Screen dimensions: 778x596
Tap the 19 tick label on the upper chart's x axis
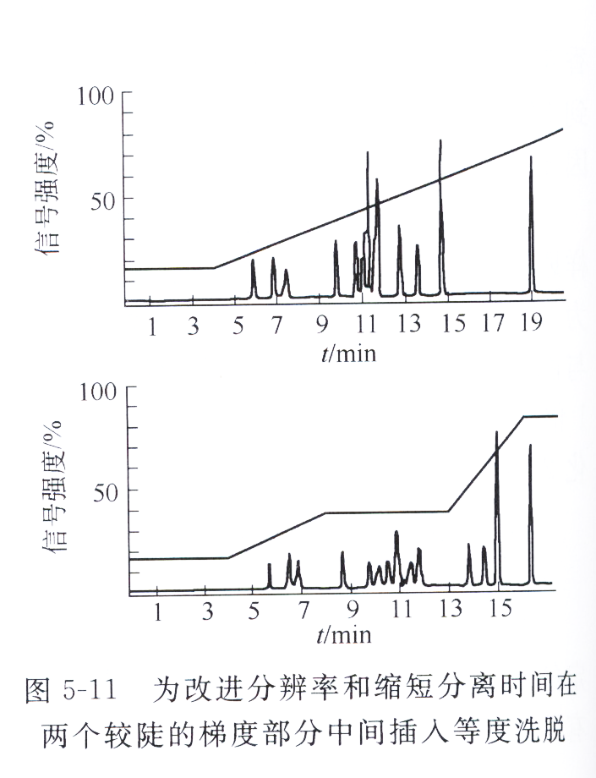point(531,325)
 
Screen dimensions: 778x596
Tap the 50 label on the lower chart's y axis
point(103,490)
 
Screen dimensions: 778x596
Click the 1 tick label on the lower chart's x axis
point(157,608)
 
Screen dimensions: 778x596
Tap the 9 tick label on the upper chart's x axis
point(322,325)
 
